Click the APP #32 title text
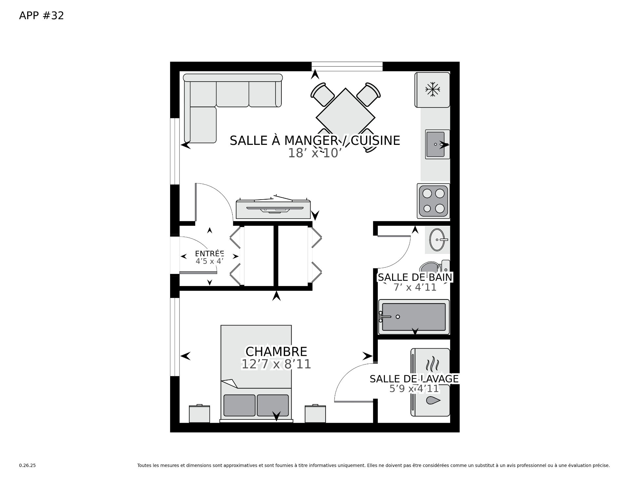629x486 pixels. pyautogui.click(x=42, y=15)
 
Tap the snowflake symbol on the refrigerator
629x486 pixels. pyautogui.click(x=432, y=89)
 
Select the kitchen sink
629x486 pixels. pyautogui.click(x=437, y=144)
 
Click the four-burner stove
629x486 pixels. pyautogui.click(x=433, y=201)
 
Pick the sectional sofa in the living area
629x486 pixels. pyautogui.click(x=216, y=98)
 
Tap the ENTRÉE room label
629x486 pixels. pyautogui.click(x=209, y=254)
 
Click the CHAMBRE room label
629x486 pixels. pyautogui.click(x=276, y=352)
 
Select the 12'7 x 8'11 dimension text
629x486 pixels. pyautogui.click(x=276, y=364)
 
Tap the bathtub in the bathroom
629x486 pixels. pyautogui.click(x=414, y=317)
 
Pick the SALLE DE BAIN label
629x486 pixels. pyautogui.click(x=415, y=277)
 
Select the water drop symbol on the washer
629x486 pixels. pyautogui.click(x=433, y=400)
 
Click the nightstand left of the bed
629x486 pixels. pyautogui.click(x=200, y=414)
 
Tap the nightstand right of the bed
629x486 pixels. pyautogui.click(x=315, y=414)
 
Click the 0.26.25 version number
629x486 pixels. pyautogui.click(x=28, y=465)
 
